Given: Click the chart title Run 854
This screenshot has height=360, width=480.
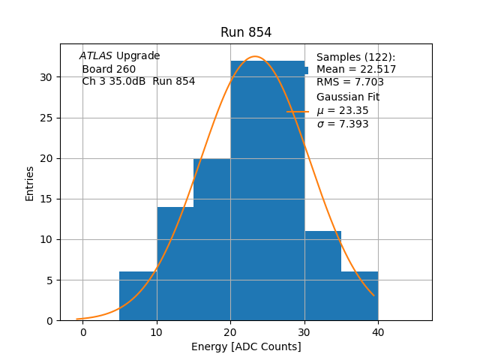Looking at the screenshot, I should (246, 32).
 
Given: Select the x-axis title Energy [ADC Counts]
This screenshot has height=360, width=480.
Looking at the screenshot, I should (246, 346).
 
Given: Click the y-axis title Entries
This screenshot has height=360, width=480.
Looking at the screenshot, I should (30, 183).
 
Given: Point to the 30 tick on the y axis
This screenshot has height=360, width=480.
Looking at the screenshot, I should (46, 77).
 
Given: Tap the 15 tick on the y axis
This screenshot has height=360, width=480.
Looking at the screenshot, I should (46, 199).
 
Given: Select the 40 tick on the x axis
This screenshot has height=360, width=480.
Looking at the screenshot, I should (378, 331).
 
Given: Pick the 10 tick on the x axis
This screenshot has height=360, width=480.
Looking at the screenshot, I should (157, 331).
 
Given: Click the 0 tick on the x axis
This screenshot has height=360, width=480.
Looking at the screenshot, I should (82, 331).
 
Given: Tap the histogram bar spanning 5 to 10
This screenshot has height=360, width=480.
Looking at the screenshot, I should (138, 296).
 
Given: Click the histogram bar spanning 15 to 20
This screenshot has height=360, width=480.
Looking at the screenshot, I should (211, 240).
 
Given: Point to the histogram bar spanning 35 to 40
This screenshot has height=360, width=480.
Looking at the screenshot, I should (359, 296).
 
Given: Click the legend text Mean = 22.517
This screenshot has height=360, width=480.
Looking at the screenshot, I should (356, 70).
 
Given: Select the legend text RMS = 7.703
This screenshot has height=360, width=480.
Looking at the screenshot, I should (350, 82).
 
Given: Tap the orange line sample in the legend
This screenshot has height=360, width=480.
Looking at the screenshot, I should (298, 111).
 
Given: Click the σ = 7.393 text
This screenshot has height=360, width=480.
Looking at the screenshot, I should (343, 124).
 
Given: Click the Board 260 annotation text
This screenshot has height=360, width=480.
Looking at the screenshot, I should (109, 69).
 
